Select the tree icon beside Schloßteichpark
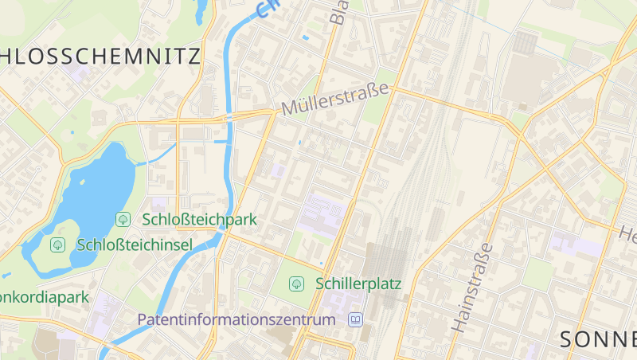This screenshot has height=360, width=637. coord(123,218)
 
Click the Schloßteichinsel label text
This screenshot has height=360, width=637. coord(135,245)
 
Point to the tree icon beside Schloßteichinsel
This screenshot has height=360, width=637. coord(57,245)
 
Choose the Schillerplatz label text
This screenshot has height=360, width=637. coord(358,284)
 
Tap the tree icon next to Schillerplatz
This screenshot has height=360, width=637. coord(296,284)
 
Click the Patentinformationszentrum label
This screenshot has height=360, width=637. coord(236,320)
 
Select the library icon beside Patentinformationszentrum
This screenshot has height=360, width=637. coord(355,320)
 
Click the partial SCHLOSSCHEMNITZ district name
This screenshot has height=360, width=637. coord(100,55)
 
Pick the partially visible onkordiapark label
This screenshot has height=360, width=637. coord(44,297)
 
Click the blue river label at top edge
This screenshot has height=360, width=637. coord(269,8)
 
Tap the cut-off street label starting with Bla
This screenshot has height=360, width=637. coord(338,11)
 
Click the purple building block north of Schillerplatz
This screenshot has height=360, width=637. coord(322,215)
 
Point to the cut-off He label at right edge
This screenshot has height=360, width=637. coord(628,235)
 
